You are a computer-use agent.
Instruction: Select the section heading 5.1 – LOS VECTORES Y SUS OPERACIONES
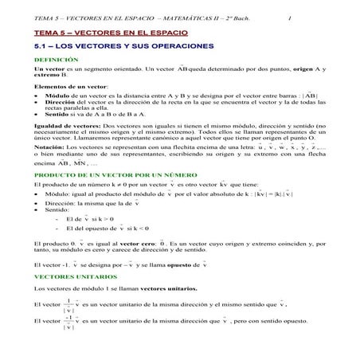click(125, 49)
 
